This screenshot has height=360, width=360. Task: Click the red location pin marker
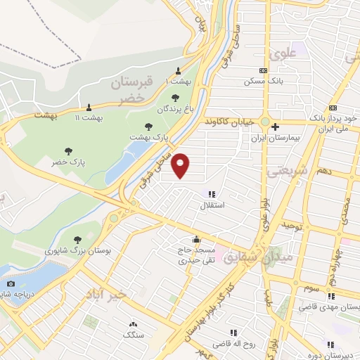[x=181, y=165]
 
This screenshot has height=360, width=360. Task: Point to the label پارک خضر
[x=67, y=162]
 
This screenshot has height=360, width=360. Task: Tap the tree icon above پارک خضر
[x=68, y=150]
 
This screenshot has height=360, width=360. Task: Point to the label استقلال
[x=212, y=205]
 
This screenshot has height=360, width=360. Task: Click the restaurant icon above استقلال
[x=212, y=194]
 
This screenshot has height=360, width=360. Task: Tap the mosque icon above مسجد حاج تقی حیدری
[x=195, y=238]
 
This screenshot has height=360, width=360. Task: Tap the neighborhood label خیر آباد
[x=107, y=294]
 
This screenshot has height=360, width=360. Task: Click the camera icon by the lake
[x=11, y=283]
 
